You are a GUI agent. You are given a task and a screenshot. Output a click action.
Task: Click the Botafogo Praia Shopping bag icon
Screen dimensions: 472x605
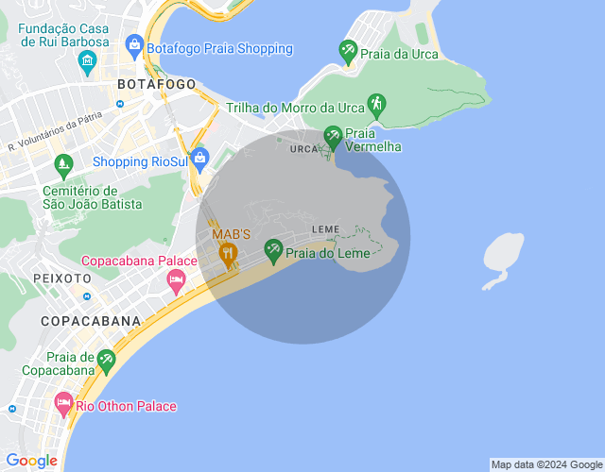(x=134, y=44)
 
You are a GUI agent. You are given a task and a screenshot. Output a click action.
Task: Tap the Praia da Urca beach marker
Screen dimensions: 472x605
(x=348, y=51)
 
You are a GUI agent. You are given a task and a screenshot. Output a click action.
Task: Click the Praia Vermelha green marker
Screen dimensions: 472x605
(x=332, y=137)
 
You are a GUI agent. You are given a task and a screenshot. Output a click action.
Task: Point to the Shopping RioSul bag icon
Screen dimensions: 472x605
(x=199, y=158)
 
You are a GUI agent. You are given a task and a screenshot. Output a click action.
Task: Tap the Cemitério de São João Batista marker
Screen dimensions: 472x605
(x=63, y=165)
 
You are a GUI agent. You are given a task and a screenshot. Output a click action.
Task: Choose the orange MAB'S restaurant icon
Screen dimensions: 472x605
(x=227, y=252)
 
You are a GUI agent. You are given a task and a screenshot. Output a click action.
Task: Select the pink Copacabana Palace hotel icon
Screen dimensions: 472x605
(x=176, y=279)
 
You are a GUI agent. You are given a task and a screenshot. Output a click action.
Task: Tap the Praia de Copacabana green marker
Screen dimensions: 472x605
(x=107, y=360)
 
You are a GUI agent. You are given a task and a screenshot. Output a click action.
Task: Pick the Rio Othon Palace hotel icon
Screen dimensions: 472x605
(x=63, y=405)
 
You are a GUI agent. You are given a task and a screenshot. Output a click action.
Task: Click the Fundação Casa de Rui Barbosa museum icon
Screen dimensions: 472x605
(x=88, y=64)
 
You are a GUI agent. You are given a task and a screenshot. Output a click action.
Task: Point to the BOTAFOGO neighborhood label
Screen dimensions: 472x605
(x=156, y=84)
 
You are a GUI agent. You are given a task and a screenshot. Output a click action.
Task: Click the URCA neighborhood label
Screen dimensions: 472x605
(x=304, y=149)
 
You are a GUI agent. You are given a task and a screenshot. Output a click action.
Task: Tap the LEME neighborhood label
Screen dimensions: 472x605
(x=325, y=229)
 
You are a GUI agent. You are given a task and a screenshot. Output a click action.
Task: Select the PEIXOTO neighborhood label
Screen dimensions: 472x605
(x=62, y=278)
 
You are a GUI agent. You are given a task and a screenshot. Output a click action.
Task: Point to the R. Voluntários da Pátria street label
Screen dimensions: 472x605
(x=55, y=134)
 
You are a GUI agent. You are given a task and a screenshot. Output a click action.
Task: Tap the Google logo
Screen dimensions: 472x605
(x=31, y=461)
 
